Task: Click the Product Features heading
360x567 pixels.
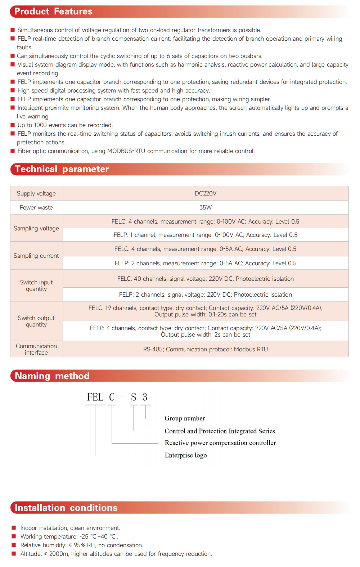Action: [53, 12]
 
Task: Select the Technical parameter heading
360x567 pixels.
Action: [62, 169]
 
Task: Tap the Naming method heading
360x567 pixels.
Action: [52, 376]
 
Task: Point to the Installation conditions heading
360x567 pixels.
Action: [66, 508]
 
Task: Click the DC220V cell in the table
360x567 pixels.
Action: [205, 193]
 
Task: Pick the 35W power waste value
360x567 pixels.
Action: [205, 207]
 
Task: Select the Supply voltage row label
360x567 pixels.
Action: [36, 193]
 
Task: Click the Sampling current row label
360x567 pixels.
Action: [36, 256]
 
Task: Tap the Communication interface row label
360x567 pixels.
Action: [36, 349]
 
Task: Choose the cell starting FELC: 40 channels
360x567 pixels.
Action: [205, 279]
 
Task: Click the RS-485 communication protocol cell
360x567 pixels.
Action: [205, 349]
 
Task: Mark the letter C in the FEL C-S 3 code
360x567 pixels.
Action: [112, 397]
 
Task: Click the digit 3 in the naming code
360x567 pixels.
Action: [145, 397]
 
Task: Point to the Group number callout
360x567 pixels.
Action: [185, 418]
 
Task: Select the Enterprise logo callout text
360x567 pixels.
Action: [186, 455]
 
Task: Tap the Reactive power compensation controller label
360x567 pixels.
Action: [220, 443]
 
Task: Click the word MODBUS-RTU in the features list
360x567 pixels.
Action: [126, 151]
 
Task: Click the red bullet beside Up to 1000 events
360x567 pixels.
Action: [13, 125]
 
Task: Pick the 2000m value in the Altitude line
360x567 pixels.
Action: [59, 554]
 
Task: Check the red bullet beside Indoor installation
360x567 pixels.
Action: [14, 528]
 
